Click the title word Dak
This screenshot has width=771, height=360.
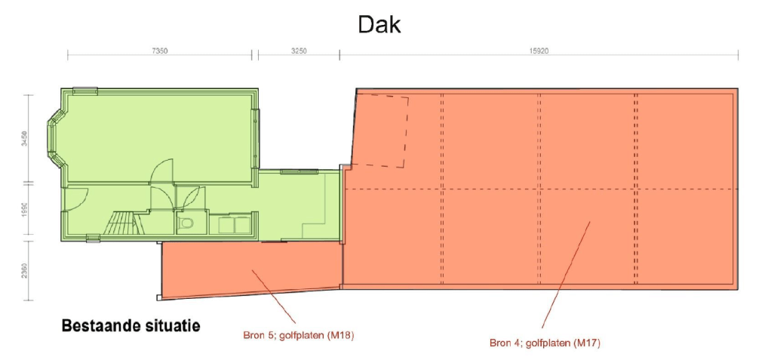tap(379, 25)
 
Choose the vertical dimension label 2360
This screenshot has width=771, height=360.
tap(24, 270)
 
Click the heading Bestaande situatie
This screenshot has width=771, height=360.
tap(131, 326)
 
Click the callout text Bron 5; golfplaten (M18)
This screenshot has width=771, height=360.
tap(298, 335)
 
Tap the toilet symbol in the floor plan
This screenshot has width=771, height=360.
tap(186, 223)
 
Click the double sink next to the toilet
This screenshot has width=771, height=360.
tap(233, 224)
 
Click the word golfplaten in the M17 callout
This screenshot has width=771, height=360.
tap(545, 343)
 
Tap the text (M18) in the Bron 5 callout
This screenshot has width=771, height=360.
tap(341, 335)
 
